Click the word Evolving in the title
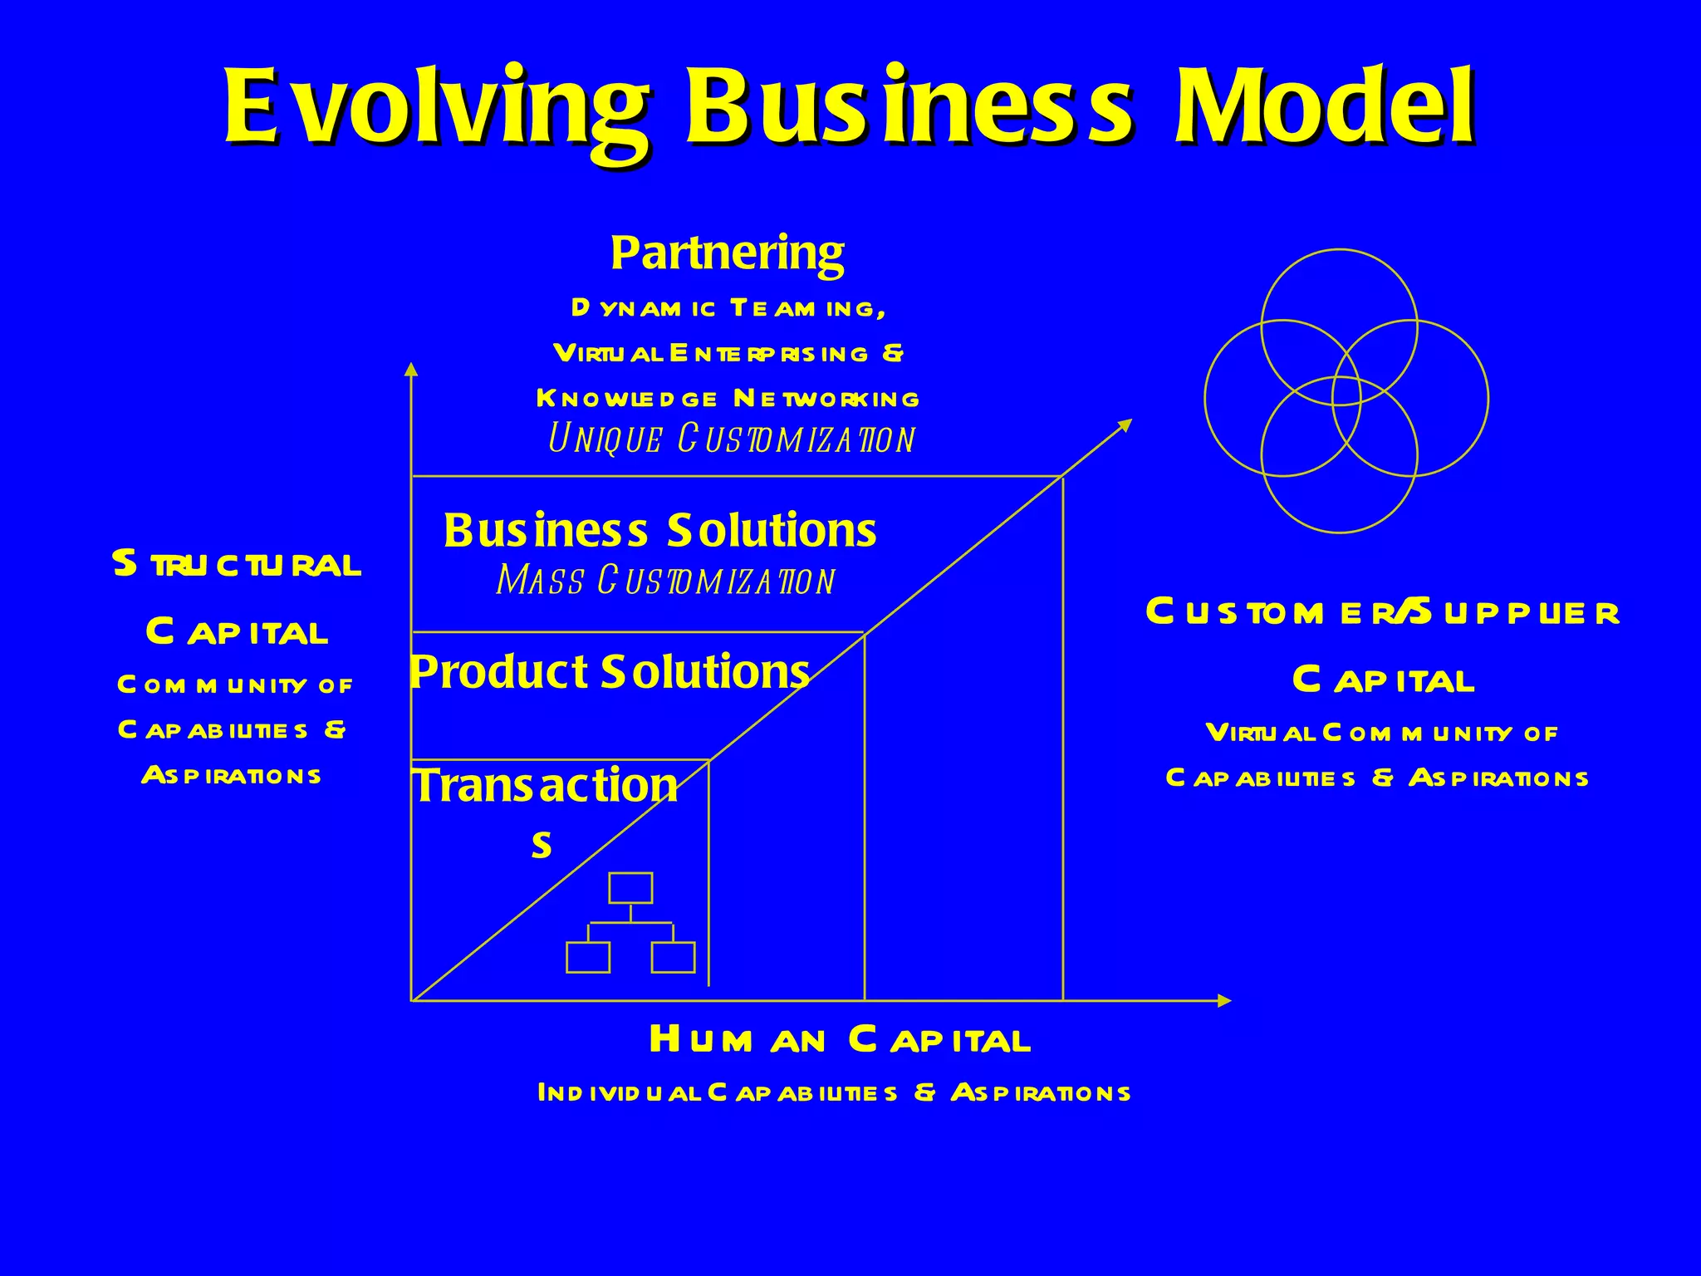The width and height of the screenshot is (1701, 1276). (435, 106)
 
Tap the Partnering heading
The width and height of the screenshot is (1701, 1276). (727, 253)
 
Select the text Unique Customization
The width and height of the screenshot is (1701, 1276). (731, 439)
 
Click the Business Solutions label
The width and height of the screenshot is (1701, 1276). (659, 530)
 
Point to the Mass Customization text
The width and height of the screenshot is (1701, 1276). (665, 581)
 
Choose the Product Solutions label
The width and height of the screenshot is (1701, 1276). (610, 671)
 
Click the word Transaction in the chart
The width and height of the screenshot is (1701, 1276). (546, 786)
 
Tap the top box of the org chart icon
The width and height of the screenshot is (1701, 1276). (630, 888)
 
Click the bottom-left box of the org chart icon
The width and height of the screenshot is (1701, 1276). (588, 957)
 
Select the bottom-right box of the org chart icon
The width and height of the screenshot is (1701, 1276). (673, 957)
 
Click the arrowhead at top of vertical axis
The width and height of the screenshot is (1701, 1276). (410, 370)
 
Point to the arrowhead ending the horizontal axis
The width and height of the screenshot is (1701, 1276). (1223, 1001)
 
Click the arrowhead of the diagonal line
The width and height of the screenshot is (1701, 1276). (1125, 425)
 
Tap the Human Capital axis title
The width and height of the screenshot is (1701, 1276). (840, 1040)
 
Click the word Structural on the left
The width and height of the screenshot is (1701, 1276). (237, 565)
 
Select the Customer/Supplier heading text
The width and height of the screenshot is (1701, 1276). (1382, 613)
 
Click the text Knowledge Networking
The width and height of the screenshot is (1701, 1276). (728, 399)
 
